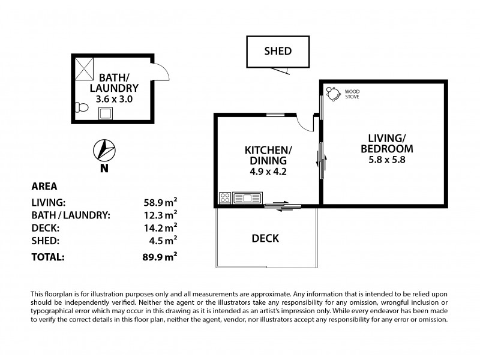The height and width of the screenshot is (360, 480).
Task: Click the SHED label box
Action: (x=278, y=51)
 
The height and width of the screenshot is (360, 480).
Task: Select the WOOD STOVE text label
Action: (x=352, y=94)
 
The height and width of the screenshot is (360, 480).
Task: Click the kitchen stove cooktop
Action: (x=226, y=197)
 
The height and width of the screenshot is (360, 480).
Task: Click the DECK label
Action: (x=266, y=238)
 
